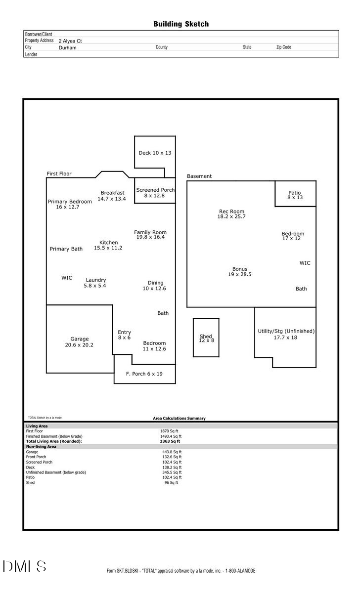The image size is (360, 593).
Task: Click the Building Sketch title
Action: (x=180, y=24)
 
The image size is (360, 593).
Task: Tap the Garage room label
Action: (x=79, y=339)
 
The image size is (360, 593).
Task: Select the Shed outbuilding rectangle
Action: (x=206, y=338)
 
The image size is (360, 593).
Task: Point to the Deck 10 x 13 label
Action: (x=155, y=153)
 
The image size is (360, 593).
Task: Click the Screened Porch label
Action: (x=155, y=190)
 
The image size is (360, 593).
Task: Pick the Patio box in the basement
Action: (x=295, y=194)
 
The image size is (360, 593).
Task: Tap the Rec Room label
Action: (x=231, y=212)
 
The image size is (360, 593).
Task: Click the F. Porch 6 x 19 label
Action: (x=144, y=374)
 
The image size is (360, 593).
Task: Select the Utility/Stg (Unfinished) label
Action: (x=286, y=331)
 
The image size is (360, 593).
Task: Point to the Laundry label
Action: (x=95, y=280)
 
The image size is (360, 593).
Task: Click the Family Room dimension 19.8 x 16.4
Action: (x=150, y=237)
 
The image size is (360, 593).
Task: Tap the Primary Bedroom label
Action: (x=70, y=202)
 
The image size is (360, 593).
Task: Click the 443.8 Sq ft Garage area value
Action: (x=172, y=452)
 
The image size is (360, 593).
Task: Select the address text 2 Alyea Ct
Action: (x=70, y=41)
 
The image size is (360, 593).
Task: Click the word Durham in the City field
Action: (x=67, y=48)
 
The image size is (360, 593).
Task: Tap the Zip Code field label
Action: (x=283, y=47)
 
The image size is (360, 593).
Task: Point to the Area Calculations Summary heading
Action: (x=179, y=419)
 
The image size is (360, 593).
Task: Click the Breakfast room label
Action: (x=112, y=193)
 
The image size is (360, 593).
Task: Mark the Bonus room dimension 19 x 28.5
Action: (x=239, y=274)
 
